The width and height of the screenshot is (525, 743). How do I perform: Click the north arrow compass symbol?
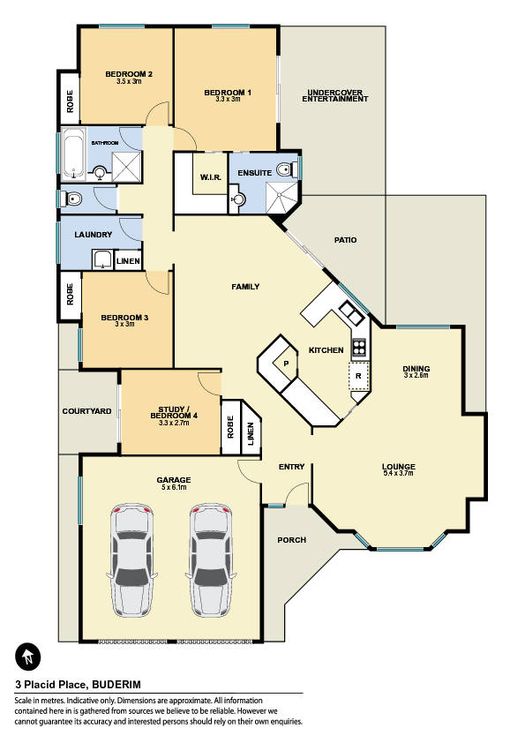(x=28, y=657)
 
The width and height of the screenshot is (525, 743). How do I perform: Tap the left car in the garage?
(x=132, y=560)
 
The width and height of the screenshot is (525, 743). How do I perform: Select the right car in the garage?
(x=211, y=560)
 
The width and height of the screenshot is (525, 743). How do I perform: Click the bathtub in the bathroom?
(x=73, y=154)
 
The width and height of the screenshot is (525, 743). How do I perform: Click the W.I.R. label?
(x=210, y=177)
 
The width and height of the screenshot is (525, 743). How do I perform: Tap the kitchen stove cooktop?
(x=359, y=348)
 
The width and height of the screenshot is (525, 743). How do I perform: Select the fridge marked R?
(x=359, y=376)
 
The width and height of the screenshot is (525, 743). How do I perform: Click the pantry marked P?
(x=286, y=363)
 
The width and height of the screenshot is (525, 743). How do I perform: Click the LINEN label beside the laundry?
(x=128, y=261)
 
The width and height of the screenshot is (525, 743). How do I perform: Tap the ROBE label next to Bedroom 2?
(x=70, y=101)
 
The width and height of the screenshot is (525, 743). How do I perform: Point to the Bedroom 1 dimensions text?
(x=228, y=100)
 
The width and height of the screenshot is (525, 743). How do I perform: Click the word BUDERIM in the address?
(x=116, y=684)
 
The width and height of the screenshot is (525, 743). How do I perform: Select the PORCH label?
(x=291, y=540)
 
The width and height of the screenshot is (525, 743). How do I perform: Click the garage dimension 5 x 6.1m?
(x=173, y=486)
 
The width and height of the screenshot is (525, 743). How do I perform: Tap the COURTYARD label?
(x=86, y=411)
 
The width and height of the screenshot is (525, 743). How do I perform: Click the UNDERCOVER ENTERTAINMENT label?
(x=335, y=95)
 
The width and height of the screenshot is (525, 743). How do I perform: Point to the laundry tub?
(x=101, y=259)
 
